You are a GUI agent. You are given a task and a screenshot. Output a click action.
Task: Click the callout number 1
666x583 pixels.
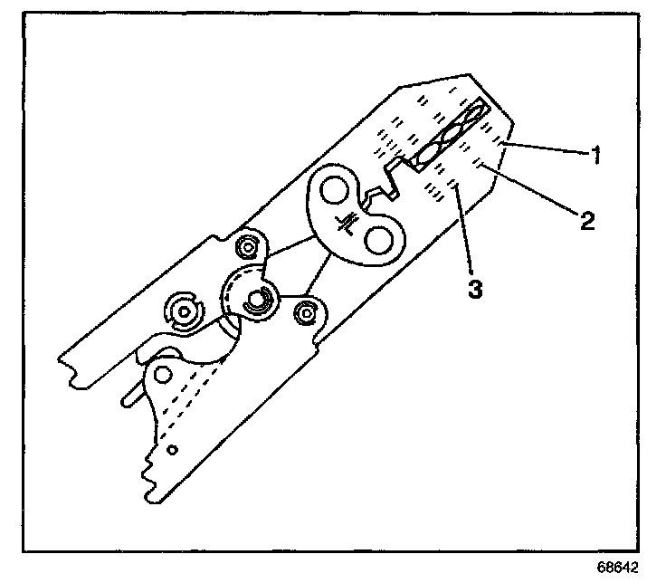pos(597,155)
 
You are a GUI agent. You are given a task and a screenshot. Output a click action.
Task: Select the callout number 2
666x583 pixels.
pos(588,220)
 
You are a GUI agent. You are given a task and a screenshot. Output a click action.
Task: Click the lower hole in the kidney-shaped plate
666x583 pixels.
pos(378,238)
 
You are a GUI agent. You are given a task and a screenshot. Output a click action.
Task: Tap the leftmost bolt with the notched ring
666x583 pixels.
pos(185,311)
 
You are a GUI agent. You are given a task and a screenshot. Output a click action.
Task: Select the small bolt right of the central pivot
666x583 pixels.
pos(307,311)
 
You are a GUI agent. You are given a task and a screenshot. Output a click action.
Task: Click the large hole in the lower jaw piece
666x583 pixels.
pos(164,372)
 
